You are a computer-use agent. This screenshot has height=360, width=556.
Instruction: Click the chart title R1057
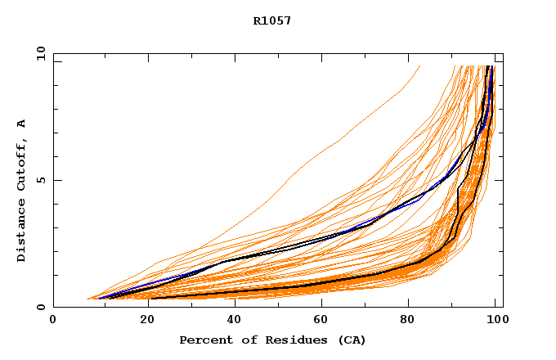pos(272,20)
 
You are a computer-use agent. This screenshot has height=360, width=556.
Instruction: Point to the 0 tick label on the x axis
pos(53,320)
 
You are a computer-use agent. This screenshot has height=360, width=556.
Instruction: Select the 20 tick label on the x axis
pos(141,320)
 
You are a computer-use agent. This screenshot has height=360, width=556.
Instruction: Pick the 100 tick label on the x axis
pos(495,320)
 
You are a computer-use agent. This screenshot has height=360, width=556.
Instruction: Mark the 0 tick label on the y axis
pos(40,307)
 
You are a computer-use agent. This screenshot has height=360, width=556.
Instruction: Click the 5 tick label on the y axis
pos(40,180)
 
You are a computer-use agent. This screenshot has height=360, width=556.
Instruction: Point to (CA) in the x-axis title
pos(352,340)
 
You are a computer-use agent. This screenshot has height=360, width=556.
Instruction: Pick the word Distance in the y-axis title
pos(22,232)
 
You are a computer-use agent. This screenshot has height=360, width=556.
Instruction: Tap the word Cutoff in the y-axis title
pos(22,166)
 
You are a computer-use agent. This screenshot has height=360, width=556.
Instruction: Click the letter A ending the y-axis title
pos(22,124)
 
